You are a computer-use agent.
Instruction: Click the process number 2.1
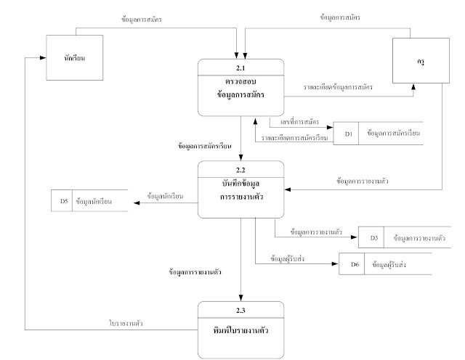pyautogui.click(x=240, y=67)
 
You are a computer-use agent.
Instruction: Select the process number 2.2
pyautogui.click(x=240, y=170)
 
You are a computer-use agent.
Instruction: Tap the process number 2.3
pyautogui.click(x=240, y=310)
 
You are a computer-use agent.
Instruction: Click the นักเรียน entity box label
pyautogui.click(x=74, y=58)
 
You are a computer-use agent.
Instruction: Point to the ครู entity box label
pyautogui.click(x=421, y=62)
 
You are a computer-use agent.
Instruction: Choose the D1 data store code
pyautogui.click(x=349, y=134)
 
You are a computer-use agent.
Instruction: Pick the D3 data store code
pyautogui.click(x=374, y=237)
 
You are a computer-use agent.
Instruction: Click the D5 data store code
pyautogui.click(x=64, y=201)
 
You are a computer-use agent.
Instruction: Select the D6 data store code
pyautogui.click(x=355, y=264)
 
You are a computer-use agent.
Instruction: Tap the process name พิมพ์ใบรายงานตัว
pyautogui.click(x=240, y=330)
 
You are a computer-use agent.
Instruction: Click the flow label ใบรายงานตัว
pyautogui.click(x=126, y=323)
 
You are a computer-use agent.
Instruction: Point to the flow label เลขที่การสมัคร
pyautogui.click(x=299, y=121)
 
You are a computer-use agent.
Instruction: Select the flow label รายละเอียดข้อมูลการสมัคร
pyautogui.click(x=338, y=87)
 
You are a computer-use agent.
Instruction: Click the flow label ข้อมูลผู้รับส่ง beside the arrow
pyautogui.click(x=287, y=258)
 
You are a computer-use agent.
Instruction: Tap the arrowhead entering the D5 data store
pyautogui.click(x=137, y=203)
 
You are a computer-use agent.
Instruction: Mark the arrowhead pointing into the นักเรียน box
pyautogui.click(x=43, y=58)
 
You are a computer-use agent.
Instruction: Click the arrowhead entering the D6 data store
pyautogui.click(x=335, y=263)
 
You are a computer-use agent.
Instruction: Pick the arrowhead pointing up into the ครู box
pyautogui.click(x=413, y=86)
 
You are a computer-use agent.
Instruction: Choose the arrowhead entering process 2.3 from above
pyautogui.click(x=240, y=298)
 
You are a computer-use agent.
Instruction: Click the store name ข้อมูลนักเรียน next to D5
pyautogui.click(x=94, y=201)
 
